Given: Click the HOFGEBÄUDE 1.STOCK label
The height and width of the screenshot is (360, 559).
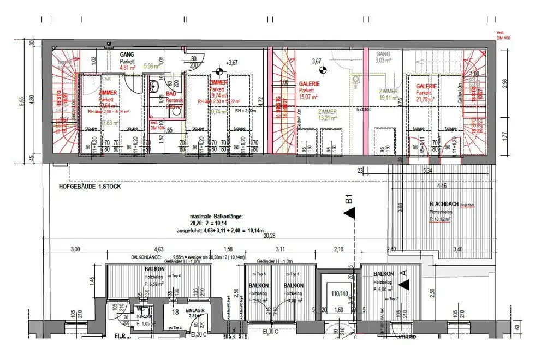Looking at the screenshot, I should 90,187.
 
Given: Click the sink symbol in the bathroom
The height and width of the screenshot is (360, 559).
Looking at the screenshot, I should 154,86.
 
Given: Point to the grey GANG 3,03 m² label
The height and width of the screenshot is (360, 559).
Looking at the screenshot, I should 383,55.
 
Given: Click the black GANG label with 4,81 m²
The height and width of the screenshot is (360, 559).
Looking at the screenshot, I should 128,55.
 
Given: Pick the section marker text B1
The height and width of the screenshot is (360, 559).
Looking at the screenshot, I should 349,200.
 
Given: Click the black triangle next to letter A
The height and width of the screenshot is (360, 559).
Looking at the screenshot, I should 403,284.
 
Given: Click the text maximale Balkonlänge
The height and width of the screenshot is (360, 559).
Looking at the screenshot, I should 216,217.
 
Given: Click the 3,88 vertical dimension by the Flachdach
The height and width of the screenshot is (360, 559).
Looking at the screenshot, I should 400,207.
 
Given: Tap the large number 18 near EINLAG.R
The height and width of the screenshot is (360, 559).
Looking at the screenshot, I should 176,311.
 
